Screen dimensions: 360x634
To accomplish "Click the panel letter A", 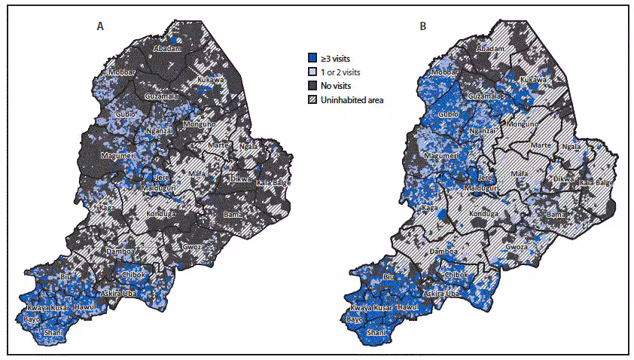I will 100,26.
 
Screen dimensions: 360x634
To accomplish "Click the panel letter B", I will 423,26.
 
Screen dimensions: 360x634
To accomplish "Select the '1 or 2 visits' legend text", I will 349,72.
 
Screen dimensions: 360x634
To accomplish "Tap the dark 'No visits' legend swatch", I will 314,85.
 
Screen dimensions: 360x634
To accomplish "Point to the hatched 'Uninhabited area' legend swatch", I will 314,99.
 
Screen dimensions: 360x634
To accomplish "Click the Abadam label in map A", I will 167,48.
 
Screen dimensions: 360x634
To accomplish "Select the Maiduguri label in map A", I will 160,188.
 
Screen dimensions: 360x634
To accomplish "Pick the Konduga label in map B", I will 484,213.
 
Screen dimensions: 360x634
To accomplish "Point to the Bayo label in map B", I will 355,319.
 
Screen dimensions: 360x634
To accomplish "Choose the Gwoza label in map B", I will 517,246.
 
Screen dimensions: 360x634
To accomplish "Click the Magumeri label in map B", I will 441,155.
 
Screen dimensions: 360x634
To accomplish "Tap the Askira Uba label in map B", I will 441,291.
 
